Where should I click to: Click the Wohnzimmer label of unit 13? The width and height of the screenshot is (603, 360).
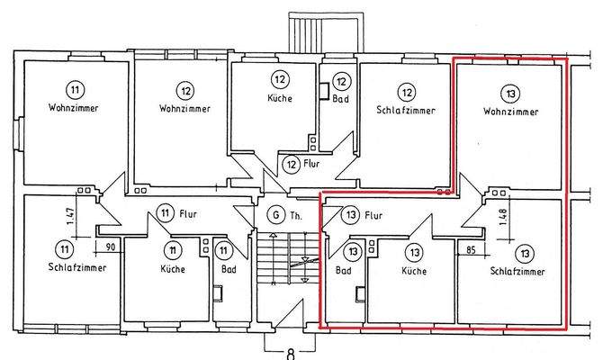(x=511, y=112)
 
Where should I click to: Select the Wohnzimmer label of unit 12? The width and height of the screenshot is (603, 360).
(x=185, y=109)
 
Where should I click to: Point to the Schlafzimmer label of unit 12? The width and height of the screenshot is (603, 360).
(x=407, y=112)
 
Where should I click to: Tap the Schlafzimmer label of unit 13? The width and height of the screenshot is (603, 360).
(x=523, y=270)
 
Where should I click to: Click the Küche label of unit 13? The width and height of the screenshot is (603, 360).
(x=414, y=270)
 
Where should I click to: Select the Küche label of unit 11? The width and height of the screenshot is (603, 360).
(x=173, y=268)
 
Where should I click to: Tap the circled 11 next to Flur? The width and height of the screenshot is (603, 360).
(x=164, y=213)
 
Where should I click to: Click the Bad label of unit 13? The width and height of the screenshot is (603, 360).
(x=343, y=270)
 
